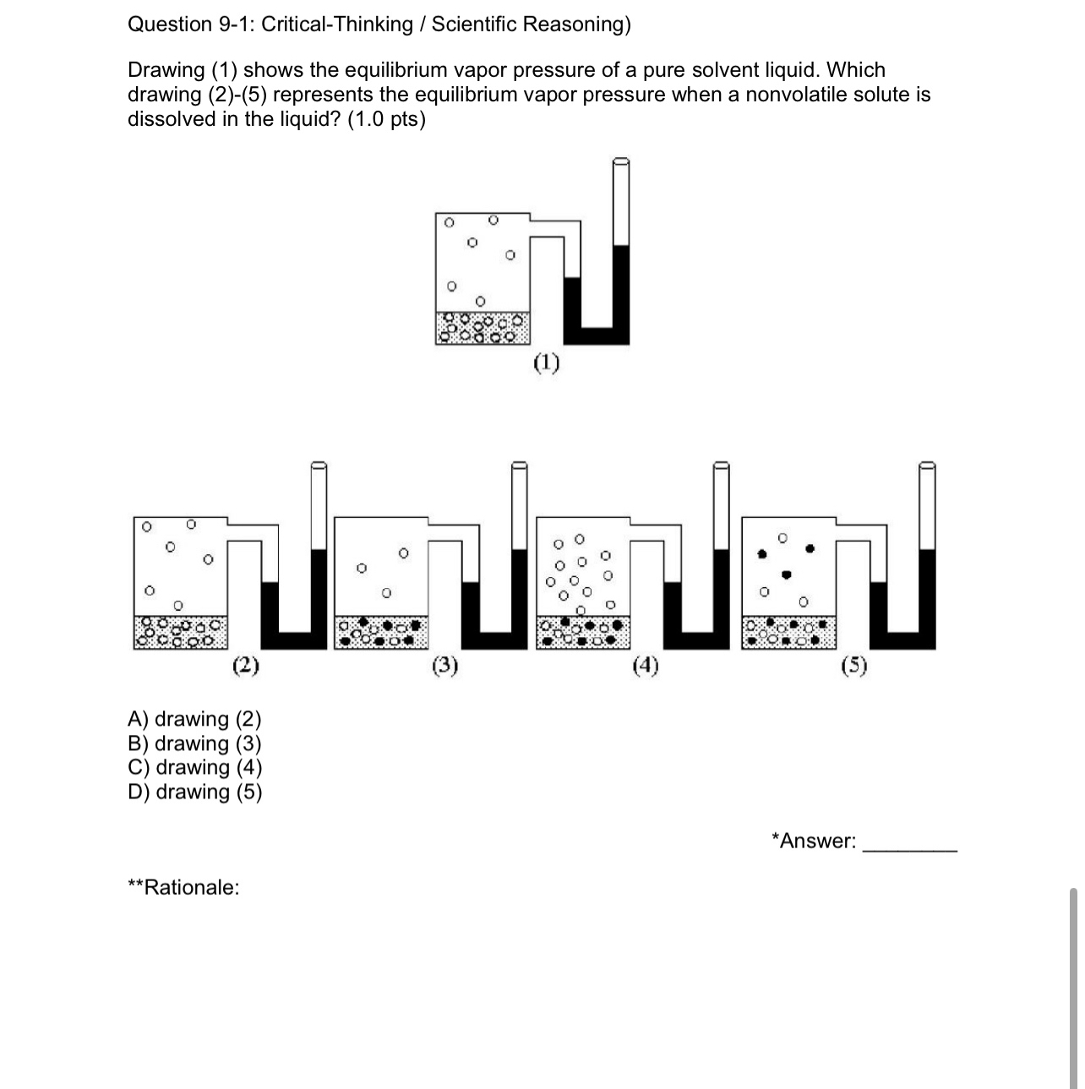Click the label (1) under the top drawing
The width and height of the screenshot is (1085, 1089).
[x=547, y=363]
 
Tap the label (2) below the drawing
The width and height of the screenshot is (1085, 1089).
[x=245, y=665]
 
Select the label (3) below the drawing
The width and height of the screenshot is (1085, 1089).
[x=445, y=667]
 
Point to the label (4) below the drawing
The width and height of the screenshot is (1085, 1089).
[x=646, y=667]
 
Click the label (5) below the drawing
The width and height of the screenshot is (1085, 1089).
[x=854, y=667]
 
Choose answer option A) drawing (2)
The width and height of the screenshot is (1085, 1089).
[x=194, y=719]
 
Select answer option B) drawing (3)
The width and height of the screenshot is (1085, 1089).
[x=194, y=743]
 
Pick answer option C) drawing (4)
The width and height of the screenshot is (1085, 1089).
[x=195, y=767]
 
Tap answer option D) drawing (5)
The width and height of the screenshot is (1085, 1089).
[x=195, y=792]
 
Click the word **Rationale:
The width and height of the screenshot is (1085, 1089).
[x=183, y=887]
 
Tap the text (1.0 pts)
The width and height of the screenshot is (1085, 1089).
[x=386, y=119]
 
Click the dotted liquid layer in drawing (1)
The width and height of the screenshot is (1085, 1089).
[x=483, y=327]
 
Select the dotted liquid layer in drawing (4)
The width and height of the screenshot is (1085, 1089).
[x=584, y=632]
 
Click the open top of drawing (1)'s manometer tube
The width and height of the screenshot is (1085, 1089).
[x=621, y=162]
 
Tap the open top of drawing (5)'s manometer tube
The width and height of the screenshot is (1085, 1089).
[x=927, y=466]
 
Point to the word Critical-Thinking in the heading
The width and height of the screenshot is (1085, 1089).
[x=337, y=24]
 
